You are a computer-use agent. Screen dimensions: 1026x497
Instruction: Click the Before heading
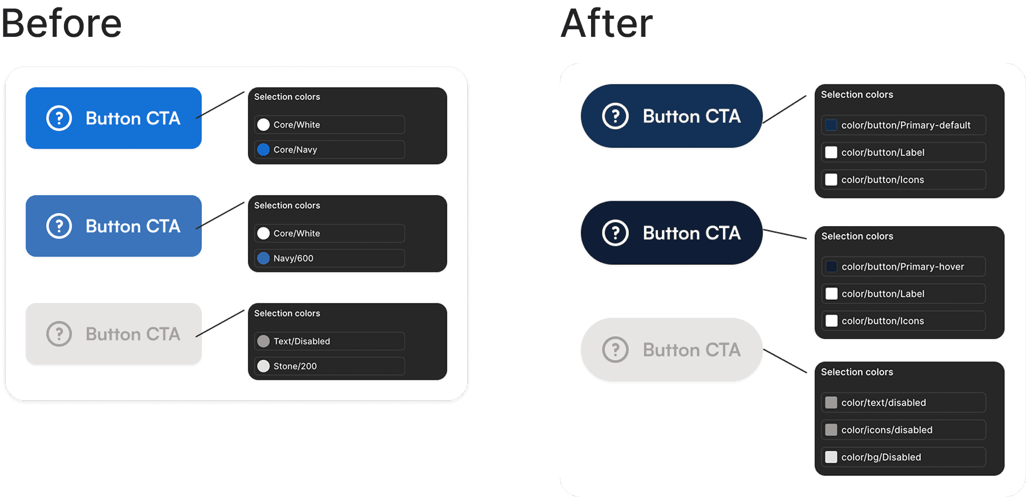[x=61, y=23]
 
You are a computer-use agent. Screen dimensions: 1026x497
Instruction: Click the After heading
[x=607, y=23]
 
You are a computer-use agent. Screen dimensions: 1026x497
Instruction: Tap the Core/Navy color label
[x=295, y=150]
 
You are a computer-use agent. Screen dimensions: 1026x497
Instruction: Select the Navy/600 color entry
[x=330, y=258]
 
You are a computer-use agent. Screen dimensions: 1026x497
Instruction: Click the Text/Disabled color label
[x=302, y=341]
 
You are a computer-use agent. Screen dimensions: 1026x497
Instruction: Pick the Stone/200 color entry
[x=330, y=366]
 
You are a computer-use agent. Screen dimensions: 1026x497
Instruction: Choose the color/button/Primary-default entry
[x=903, y=125]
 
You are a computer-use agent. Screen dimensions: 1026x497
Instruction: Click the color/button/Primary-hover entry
[x=903, y=267]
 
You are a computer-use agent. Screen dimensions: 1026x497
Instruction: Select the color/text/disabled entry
[x=903, y=403]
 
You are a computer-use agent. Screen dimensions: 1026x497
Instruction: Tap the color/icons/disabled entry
[x=903, y=430]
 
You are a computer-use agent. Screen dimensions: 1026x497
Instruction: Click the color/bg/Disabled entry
[x=903, y=457]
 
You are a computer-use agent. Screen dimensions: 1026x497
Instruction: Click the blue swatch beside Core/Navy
[x=264, y=150]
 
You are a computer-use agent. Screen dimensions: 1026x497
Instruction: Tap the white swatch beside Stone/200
[x=264, y=366]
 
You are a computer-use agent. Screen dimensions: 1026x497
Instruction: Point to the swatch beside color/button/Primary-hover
[x=831, y=267]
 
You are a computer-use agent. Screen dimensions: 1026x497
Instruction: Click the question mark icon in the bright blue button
[x=59, y=118]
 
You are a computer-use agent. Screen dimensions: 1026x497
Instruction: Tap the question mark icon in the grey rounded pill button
[x=615, y=350]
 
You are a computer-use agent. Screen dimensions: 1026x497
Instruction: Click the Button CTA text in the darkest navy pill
[x=691, y=233]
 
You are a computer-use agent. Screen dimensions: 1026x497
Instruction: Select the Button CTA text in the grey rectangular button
[x=133, y=334]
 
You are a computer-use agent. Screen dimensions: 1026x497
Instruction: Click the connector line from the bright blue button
[x=220, y=105]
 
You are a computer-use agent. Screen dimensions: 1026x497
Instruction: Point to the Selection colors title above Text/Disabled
[x=287, y=313]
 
